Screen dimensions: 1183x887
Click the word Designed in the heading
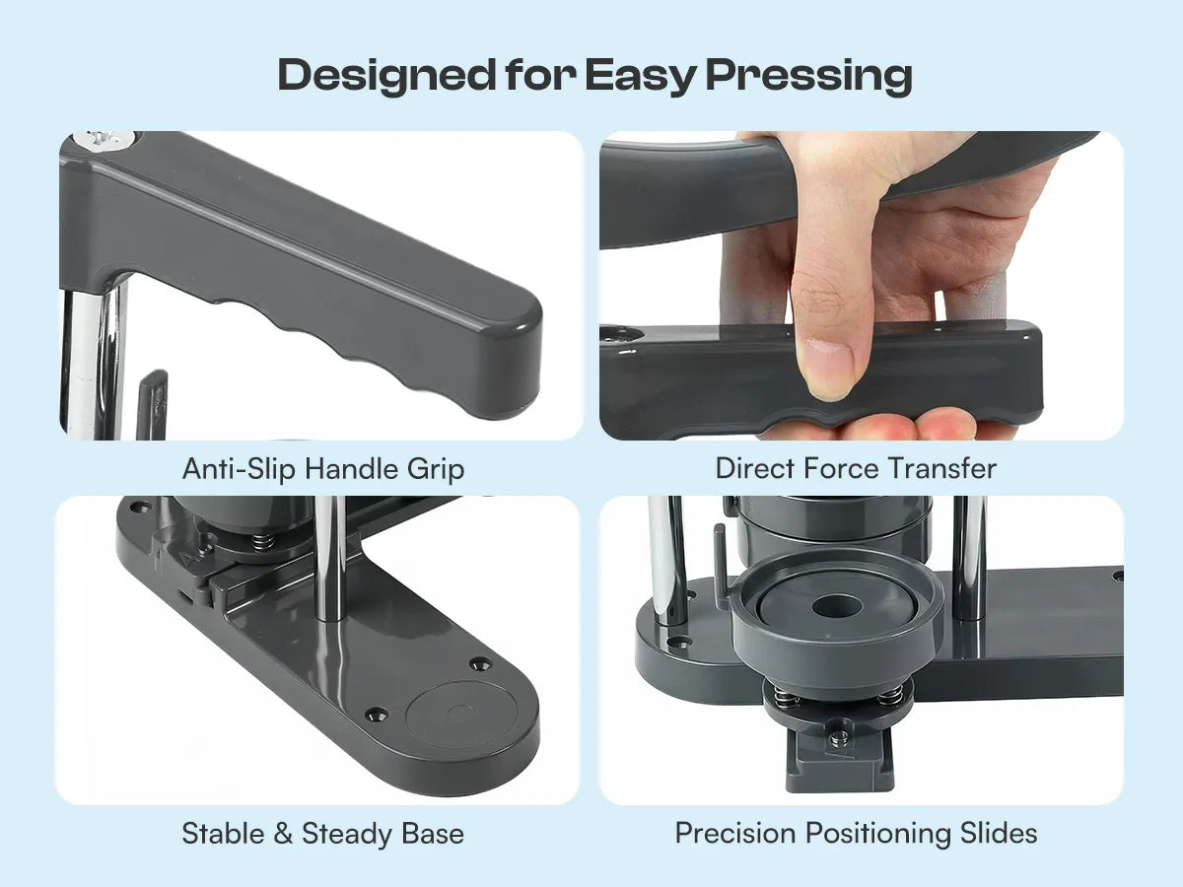[385, 76]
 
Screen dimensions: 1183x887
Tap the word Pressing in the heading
[809, 76]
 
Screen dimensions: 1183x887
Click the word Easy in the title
[639, 76]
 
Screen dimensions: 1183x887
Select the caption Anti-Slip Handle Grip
[323, 469]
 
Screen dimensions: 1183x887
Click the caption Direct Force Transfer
[856, 468]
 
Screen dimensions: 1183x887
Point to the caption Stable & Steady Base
[322, 834]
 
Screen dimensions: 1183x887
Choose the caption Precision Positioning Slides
[856, 833]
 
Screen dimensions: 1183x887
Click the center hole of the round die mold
[836, 606]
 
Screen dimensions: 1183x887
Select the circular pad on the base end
[461, 716]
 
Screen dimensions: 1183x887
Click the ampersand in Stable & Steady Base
[282, 834]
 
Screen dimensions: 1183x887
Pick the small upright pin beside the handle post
[153, 403]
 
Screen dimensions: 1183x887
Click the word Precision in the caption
[735, 833]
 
